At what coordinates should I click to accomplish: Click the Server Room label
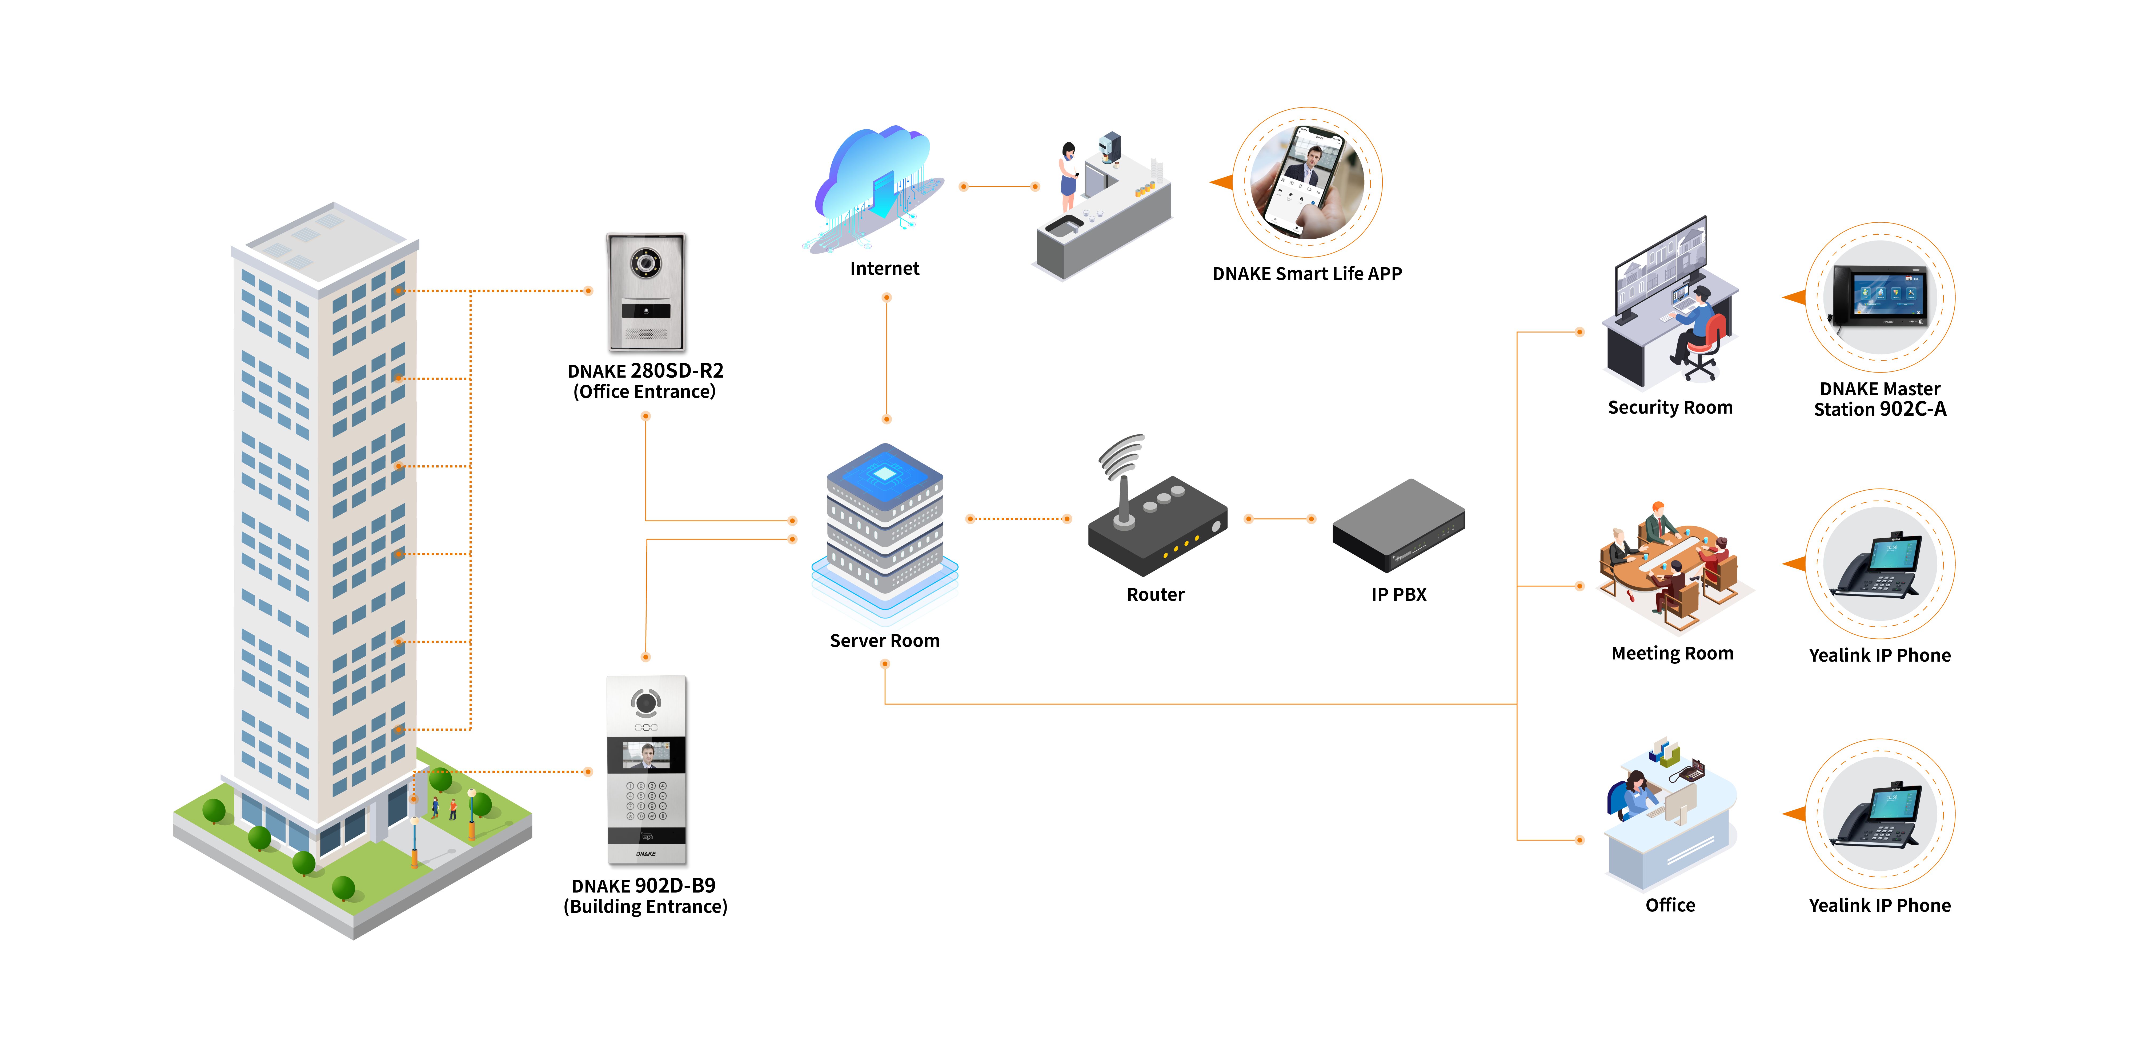pyautogui.click(x=884, y=640)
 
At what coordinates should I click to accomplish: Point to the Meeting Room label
pyautogui.click(x=1672, y=654)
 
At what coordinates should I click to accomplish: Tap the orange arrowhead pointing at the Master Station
pyautogui.click(x=1794, y=297)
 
